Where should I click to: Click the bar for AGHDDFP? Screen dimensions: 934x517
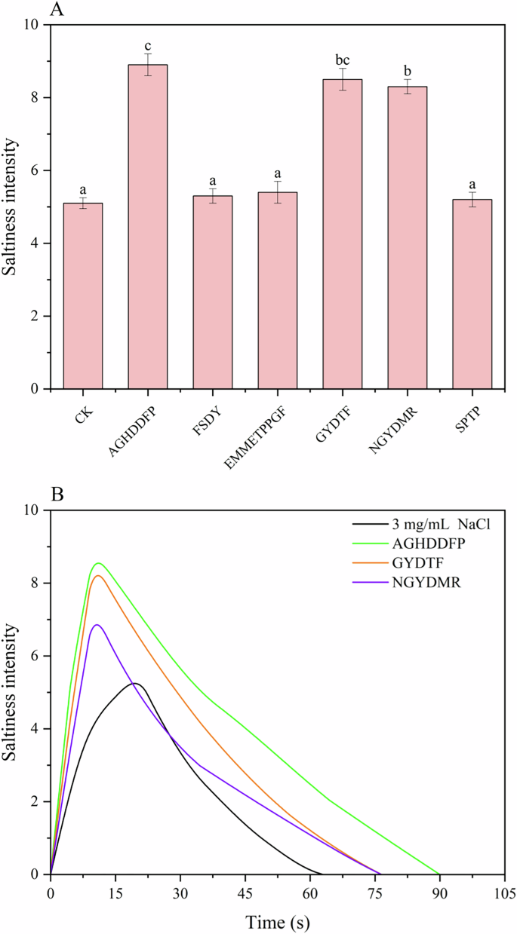point(147,226)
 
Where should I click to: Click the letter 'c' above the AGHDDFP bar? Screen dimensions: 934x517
point(148,43)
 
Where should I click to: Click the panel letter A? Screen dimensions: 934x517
point(57,10)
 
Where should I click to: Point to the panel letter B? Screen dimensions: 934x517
point(57,496)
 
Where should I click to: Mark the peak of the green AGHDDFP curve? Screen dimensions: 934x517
point(97,563)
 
